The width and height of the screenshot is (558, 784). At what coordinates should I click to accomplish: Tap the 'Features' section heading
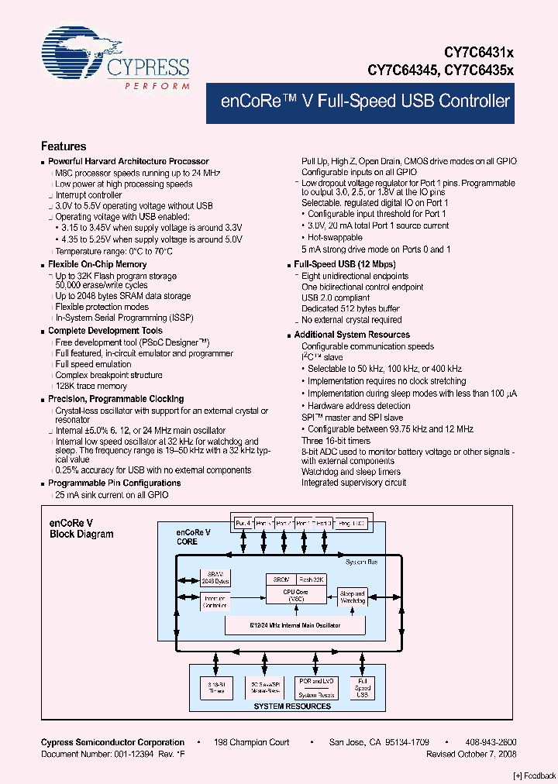tap(64, 146)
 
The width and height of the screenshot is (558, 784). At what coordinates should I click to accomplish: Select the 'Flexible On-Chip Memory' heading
tap(97, 265)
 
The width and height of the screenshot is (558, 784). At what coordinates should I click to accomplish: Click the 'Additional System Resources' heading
tap(352, 335)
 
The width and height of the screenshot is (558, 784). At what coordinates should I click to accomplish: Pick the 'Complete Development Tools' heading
tap(105, 331)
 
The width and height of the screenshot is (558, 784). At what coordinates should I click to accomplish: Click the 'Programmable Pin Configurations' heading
tap(114, 483)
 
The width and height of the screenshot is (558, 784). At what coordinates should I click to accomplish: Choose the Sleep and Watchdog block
tap(353, 597)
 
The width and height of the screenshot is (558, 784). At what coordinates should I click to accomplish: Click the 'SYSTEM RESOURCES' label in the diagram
tap(292, 706)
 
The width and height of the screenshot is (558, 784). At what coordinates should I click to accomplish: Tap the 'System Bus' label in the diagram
tap(363, 562)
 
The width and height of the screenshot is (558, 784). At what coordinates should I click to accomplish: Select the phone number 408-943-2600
tap(491, 742)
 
